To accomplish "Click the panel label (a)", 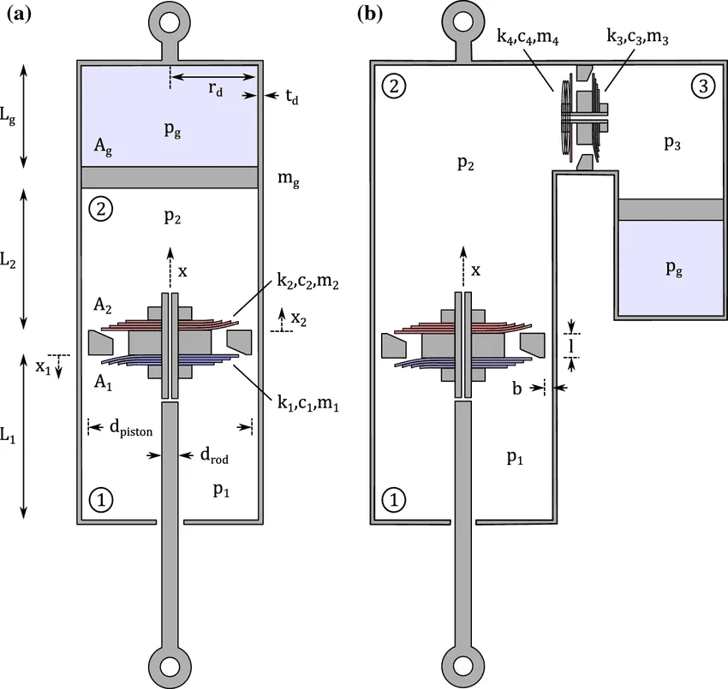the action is tap(20, 14).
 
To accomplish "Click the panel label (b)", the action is tap(370, 14).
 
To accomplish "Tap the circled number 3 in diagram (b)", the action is tap(703, 86).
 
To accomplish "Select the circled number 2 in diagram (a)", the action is tap(100, 209).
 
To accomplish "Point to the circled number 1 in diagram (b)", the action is tap(394, 500).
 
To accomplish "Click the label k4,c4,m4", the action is tap(528, 36).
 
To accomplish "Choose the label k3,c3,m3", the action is tap(637, 36).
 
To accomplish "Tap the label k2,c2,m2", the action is tap(307, 281).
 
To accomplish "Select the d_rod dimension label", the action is tap(214, 455).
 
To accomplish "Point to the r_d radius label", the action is tap(216, 87).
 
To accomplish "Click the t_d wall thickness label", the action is tap(291, 97).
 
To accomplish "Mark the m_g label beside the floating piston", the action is tap(289, 179).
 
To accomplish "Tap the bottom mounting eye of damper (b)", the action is tap(462, 668).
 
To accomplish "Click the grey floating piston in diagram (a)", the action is tap(170, 177).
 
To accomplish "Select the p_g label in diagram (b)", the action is tap(674, 268).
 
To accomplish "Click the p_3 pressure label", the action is tap(671, 142).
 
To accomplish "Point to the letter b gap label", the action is tap(516, 388).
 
